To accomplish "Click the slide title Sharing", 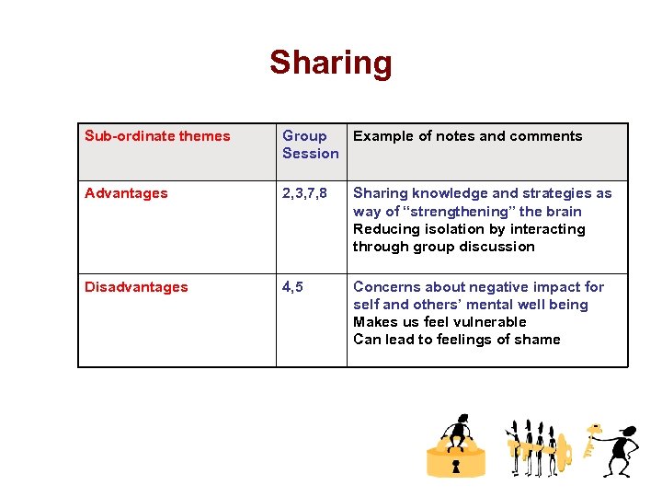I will [331, 64].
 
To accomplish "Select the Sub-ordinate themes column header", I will [157, 136].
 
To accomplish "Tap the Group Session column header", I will [310, 144].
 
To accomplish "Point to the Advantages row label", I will [126, 193].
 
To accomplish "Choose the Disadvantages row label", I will [136, 287].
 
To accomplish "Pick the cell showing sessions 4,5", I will [293, 287].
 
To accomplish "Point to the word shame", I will [538, 340].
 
